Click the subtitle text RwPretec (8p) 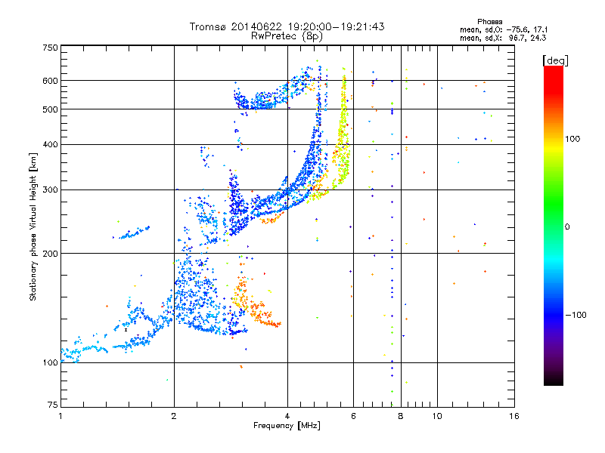click(x=287, y=36)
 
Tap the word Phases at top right click(x=489, y=22)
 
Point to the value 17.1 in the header click(x=540, y=29)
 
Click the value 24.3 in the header click(x=538, y=38)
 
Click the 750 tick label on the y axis click(x=50, y=48)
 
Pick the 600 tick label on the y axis click(x=50, y=81)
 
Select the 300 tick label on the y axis click(x=50, y=190)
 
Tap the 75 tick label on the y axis click(x=53, y=405)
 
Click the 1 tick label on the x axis click(x=60, y=416)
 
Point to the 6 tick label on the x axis click(x=353, y=416)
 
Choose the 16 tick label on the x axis click(x=514, y=416)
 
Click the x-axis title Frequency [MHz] click(x=287, y=426)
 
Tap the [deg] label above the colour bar click(x=556, y=61)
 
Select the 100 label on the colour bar click(x=572, y=139)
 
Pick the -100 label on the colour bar click(x=576, y=315)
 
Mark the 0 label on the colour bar click(x=567, y=227)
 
